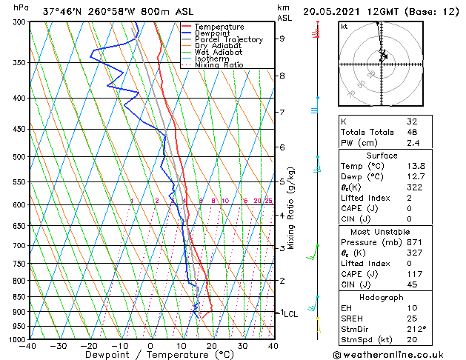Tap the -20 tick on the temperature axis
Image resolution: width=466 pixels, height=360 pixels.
88,346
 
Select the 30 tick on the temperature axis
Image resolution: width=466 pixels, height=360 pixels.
242,346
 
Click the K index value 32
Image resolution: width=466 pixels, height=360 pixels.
412,121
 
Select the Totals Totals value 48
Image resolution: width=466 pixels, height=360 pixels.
412,132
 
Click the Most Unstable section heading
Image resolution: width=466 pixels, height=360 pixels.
382,232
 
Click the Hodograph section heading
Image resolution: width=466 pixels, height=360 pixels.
382,297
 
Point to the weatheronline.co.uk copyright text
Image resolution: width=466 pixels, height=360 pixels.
398,353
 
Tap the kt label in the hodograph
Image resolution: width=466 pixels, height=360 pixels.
344,27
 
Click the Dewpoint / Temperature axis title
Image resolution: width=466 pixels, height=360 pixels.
150,356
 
